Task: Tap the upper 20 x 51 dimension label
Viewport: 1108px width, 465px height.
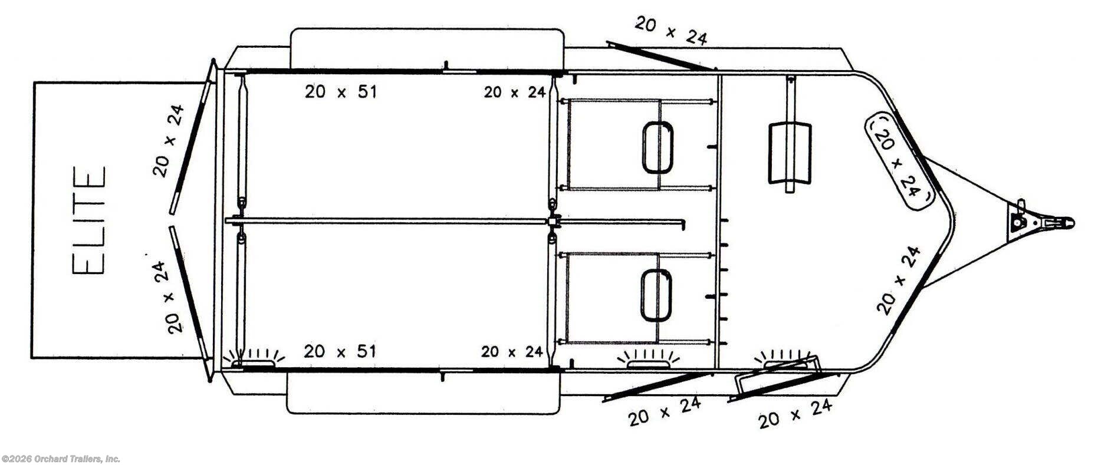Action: click(340, 92)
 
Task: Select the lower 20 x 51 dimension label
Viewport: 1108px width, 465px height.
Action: click(340, 352)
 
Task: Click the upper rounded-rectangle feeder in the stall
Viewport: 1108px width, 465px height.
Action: click(657, 147)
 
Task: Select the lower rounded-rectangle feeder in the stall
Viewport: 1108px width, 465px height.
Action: click(656, 295)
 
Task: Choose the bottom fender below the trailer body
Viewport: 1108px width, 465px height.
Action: click(422, 393)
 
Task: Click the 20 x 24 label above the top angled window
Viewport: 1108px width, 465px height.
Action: click(670, 31)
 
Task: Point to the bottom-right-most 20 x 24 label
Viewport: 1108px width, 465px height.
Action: click(795, 414)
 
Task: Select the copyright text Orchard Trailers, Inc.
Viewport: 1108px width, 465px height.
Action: click(61, 459)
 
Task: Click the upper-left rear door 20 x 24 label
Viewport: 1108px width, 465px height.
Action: click(169, 141)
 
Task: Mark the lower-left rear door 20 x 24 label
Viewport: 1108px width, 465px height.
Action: click(170, 297)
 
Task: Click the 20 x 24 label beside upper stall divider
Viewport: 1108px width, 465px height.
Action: click(514, 92)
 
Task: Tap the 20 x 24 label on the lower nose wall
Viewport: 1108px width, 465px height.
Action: click(898, 280)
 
